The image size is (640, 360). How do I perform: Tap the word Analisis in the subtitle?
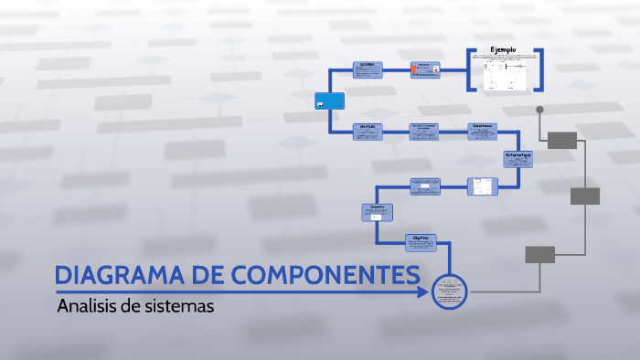pyautogui.click(x=87, y=306)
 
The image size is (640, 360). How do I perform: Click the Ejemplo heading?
pyautogui.click(x=504, y=49)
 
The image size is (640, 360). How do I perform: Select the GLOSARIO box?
pyautogui.click(x=368, y=70)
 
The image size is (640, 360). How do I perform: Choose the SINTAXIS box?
pyautogui.click(x=368, y=132)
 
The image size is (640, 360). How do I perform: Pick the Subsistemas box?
pyautogui.click(x=484, y=132)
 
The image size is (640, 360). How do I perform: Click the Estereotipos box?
pyautogui.click(x=517, y=159)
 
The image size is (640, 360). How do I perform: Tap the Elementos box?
pyautogui.click(x=377, y=212)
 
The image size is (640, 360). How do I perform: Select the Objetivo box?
pyautogui.click(x=421, y=242)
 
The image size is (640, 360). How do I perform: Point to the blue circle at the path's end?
pyautogui.click(x=449, y=291)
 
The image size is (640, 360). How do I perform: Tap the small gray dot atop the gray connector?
pyautogui.click(x=539, y=110)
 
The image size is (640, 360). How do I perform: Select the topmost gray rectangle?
pyautogui.click(x=562, y=140)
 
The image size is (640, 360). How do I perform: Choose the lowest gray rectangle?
pyautogui.click(x=539, y=255)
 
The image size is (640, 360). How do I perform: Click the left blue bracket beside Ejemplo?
pyautogui.click(x=470, y=69)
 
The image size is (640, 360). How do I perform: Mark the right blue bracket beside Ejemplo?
pyautogui.click(x=540, y=69)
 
